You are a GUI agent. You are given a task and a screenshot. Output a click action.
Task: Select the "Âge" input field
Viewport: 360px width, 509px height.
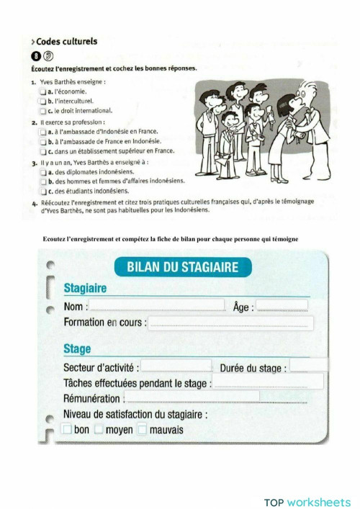click(282, 305)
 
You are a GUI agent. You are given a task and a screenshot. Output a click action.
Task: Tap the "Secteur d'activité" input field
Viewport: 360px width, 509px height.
click(176, 366)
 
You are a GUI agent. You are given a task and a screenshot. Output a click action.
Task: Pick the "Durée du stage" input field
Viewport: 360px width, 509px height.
click(308, 366)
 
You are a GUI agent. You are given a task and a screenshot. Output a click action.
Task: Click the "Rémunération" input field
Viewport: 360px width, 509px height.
click(216, 397)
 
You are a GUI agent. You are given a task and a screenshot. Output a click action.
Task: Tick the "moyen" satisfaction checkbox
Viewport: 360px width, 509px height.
click(99, 430)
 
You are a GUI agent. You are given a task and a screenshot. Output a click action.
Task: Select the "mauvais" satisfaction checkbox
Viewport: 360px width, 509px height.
click(143, 430)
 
